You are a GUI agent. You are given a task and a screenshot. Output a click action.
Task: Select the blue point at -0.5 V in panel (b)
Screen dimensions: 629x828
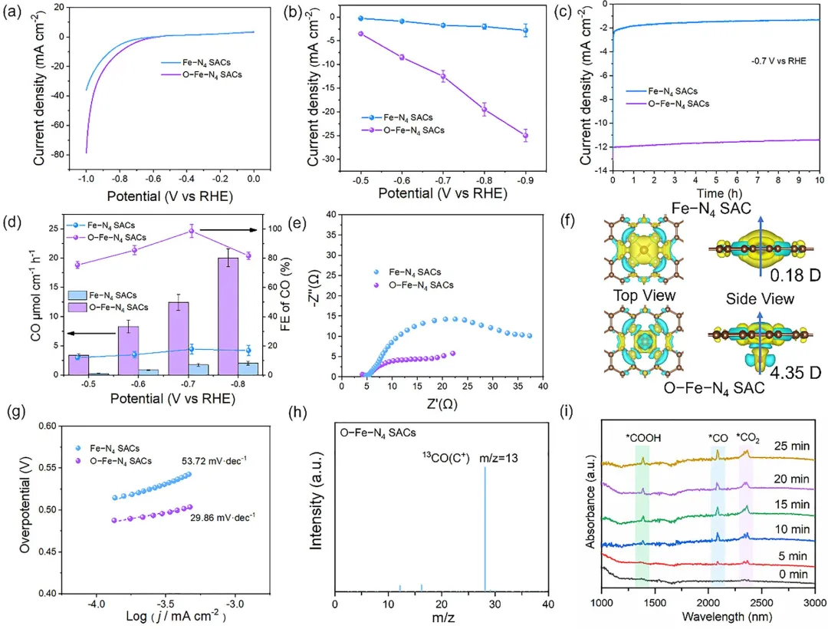click(360, 18)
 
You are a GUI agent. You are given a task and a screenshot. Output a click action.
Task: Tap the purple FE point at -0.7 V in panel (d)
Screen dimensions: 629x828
click(192, 230)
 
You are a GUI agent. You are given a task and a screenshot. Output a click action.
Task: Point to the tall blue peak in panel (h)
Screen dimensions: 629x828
click(485, 529)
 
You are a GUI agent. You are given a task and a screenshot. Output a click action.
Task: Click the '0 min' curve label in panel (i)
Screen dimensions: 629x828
click(797, 571)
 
